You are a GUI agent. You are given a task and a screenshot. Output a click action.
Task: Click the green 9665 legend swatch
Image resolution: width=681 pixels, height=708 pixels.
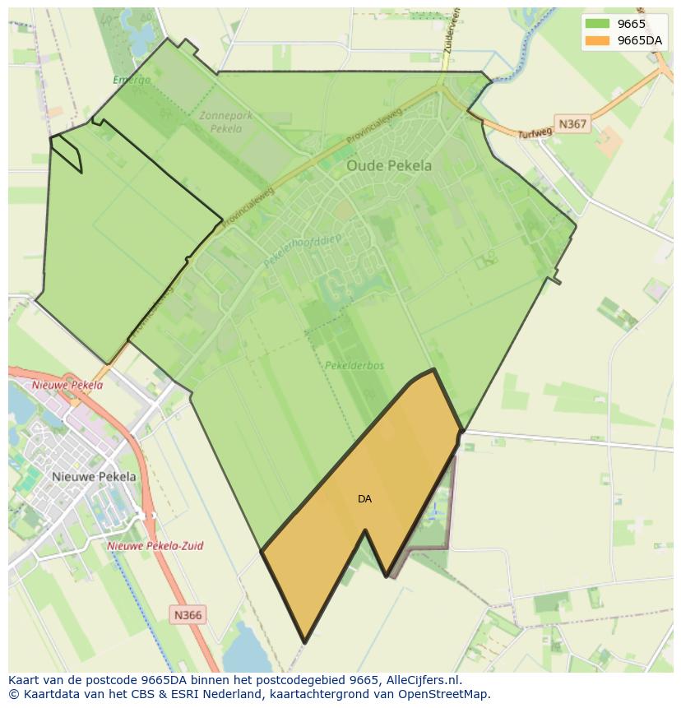pos(597,24)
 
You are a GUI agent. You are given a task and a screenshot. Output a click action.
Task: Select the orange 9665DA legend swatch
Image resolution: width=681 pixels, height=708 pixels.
pos(597,40)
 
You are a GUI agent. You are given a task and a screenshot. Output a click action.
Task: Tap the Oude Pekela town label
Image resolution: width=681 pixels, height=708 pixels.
pos(388,165)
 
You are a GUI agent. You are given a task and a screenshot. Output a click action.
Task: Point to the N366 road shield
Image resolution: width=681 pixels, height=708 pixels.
pos(188,614)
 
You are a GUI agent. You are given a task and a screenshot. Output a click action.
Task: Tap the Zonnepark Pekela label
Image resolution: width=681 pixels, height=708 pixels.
pos(226,123)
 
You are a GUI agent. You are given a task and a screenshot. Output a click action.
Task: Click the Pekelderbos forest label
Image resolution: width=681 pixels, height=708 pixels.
pos(354,365)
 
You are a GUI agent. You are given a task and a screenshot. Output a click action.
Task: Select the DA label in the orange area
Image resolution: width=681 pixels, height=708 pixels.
pos(364,499)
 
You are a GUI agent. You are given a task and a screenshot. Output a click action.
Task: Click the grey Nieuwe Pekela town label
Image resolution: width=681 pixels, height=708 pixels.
pos(94,476)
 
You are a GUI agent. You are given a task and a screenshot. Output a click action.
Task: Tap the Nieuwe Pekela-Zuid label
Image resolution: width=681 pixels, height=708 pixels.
pos(155,545)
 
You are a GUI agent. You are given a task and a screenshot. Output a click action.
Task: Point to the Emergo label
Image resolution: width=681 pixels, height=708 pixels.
pos(132,80)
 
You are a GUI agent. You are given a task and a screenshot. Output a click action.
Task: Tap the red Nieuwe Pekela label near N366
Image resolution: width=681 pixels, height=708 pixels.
pos(67,384)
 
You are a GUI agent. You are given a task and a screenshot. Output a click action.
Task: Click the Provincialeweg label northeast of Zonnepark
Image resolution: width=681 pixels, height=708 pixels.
pos(378,125)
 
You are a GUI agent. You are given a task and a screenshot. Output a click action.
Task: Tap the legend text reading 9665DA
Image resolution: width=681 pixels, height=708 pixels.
pos(640,40)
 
